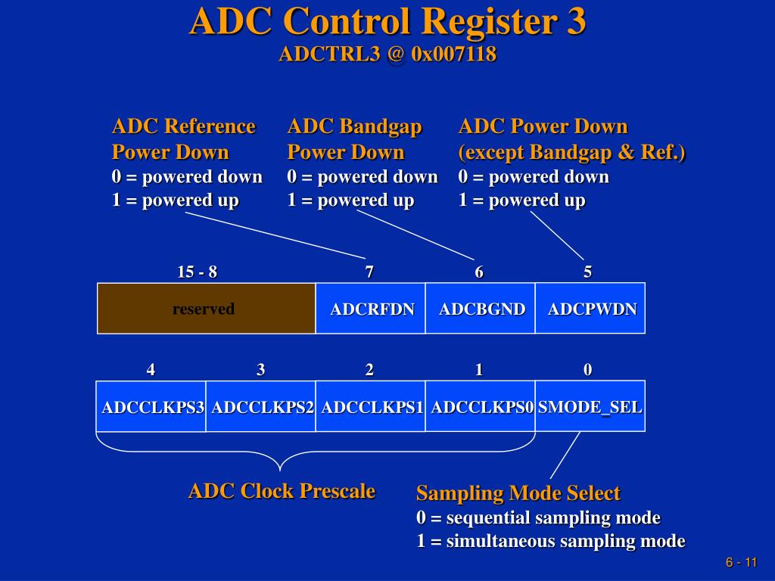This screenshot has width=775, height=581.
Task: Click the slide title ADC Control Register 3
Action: pos(387,21)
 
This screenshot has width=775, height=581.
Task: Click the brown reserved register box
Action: pos(206,308)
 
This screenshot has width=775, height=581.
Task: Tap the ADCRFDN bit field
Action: pos(371,308)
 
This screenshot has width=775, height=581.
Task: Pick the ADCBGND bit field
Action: pos(481,308)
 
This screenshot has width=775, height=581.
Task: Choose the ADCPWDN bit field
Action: pos(590,308)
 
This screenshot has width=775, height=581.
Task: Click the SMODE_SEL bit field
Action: pos(590,406)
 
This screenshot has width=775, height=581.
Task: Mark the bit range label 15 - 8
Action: pos(197,272)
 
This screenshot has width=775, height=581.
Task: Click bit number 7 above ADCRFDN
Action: pos(369,272)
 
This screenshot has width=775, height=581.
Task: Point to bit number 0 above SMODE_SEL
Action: pos(588,370)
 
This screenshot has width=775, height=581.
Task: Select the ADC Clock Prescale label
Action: pos(282,491)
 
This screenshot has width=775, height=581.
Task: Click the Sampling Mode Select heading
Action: pos(518,493)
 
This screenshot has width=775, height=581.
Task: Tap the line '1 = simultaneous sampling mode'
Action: pos(550,542)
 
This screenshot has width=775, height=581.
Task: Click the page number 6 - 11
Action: pos(741,562)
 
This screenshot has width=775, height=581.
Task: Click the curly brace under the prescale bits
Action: pos(280,458)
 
